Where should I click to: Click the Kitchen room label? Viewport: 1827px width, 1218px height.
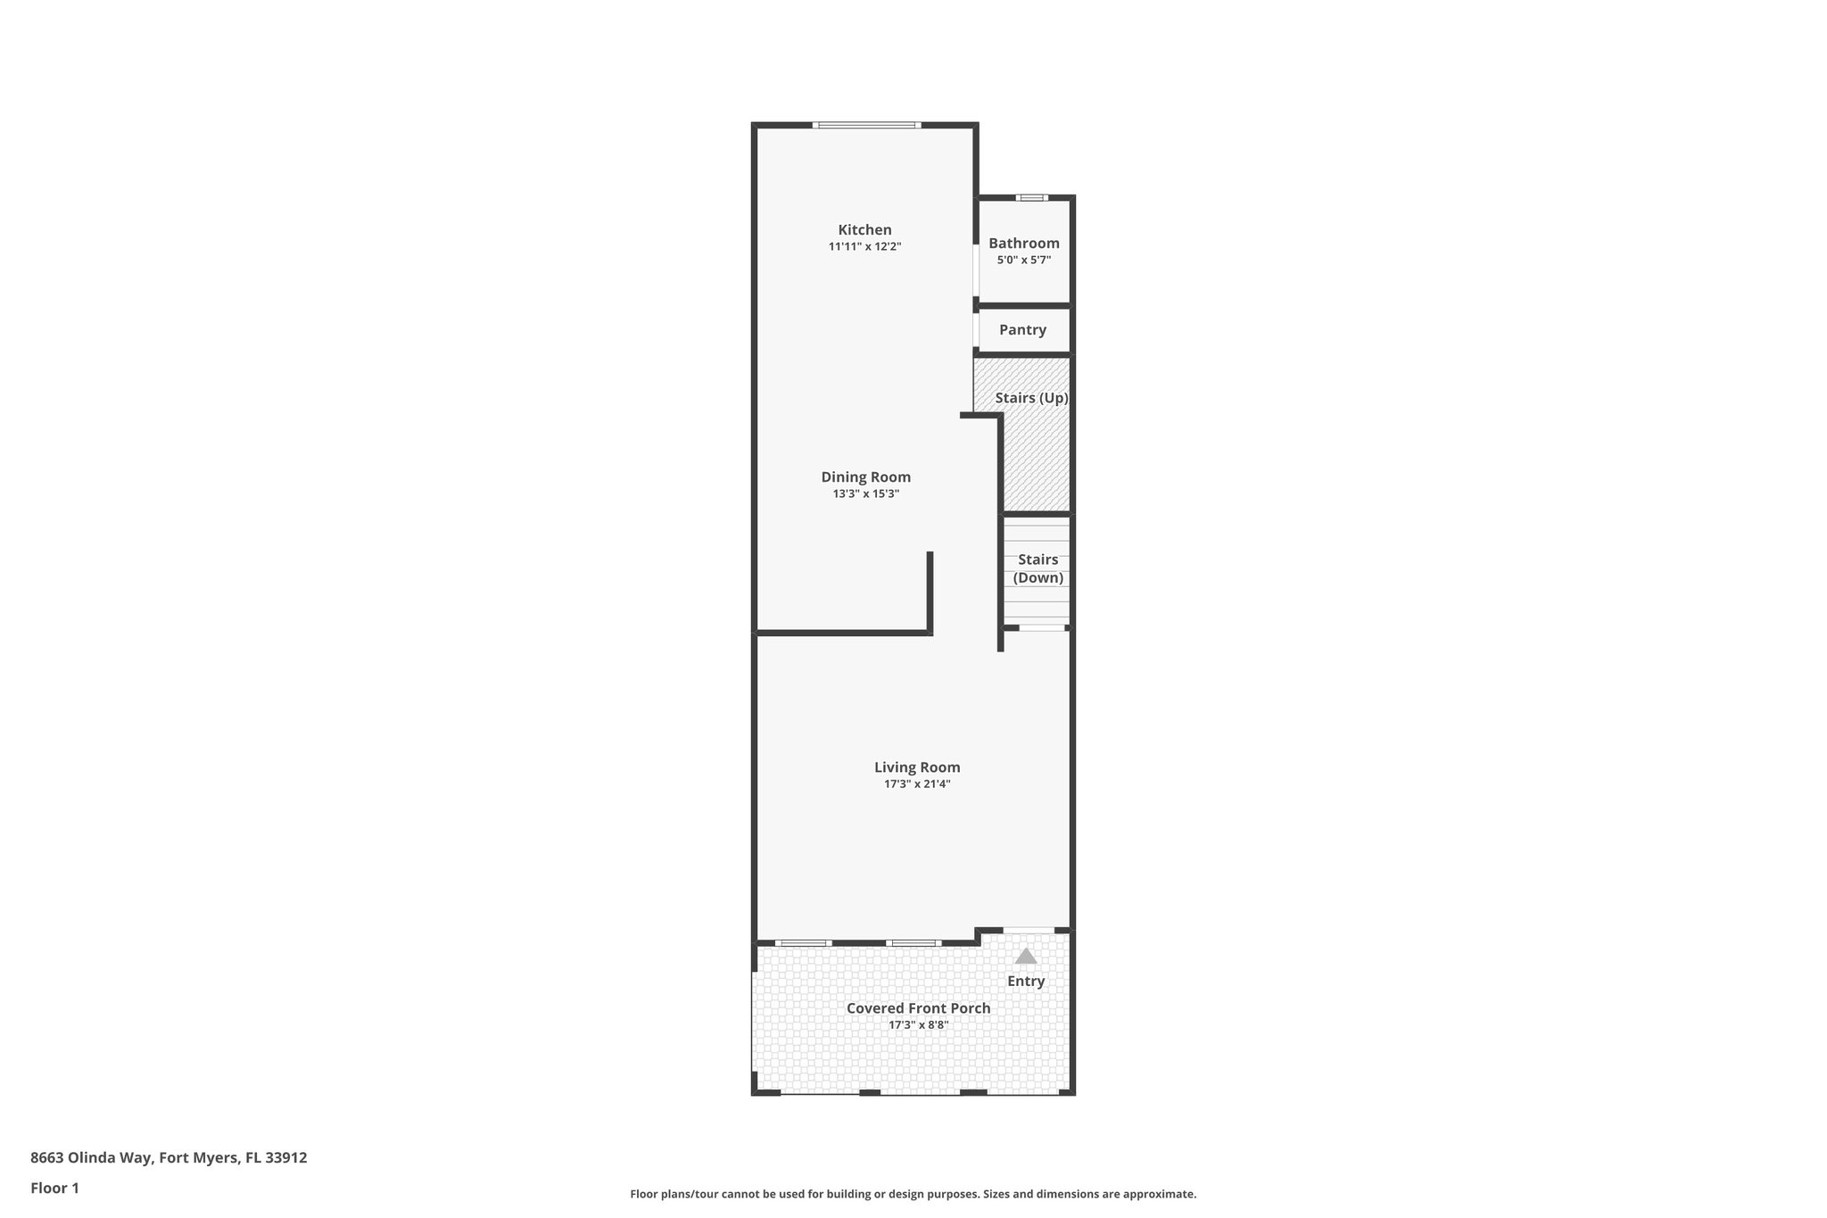864,230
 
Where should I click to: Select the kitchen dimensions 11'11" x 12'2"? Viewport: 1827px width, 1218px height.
864,247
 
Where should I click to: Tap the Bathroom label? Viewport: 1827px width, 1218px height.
1023,244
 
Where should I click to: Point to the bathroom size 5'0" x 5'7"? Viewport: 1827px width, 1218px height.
1023,261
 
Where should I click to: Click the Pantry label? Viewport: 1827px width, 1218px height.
1022,330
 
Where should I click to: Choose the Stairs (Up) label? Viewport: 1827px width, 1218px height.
1031,398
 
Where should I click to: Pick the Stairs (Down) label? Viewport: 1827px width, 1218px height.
1038,568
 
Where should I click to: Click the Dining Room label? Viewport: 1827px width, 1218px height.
865,477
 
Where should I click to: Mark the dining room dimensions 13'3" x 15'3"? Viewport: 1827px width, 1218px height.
865,494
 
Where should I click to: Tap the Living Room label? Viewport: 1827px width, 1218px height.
917,767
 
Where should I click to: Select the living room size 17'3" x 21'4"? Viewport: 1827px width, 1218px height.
917,784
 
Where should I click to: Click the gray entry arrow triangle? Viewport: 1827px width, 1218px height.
1026,957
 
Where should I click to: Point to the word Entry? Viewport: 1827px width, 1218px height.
1026,982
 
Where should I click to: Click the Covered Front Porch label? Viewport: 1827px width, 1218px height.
918,1008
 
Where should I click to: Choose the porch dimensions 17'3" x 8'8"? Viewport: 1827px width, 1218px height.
918,1025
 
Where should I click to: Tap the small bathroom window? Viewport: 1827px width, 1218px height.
1032,198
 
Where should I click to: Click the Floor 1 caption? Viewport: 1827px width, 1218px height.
54,1189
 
